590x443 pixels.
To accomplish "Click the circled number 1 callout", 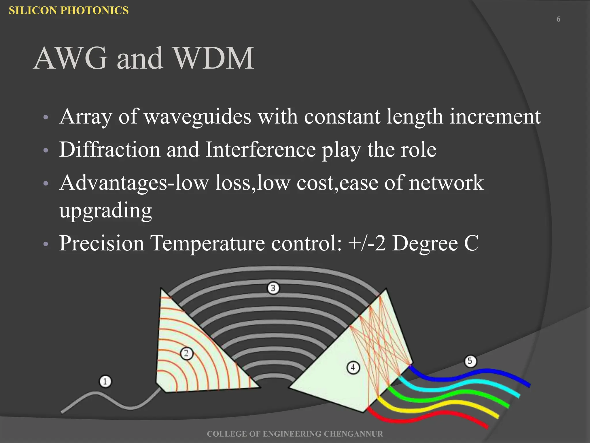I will [105, 381].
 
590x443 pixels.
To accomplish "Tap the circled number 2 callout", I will [186, 353].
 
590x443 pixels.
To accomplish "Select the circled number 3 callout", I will [273, 288].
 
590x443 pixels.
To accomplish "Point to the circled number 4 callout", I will [353, 368].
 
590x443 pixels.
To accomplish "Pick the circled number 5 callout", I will [470, 361].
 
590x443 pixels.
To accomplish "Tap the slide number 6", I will [558, 19].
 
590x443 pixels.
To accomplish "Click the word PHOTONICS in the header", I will [95, 10].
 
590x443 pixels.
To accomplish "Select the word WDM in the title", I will [214, 58].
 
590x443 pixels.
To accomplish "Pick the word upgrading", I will [105, 211].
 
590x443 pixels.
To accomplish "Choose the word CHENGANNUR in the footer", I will [353, 434].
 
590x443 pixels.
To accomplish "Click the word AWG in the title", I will [71, 58].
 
